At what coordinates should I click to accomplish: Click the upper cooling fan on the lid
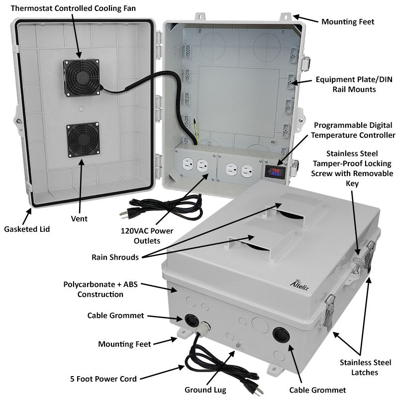tap(79, 77)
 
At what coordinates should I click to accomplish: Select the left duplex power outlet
tap(194, 166)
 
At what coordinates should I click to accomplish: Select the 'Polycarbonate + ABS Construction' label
tap(100, 289)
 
